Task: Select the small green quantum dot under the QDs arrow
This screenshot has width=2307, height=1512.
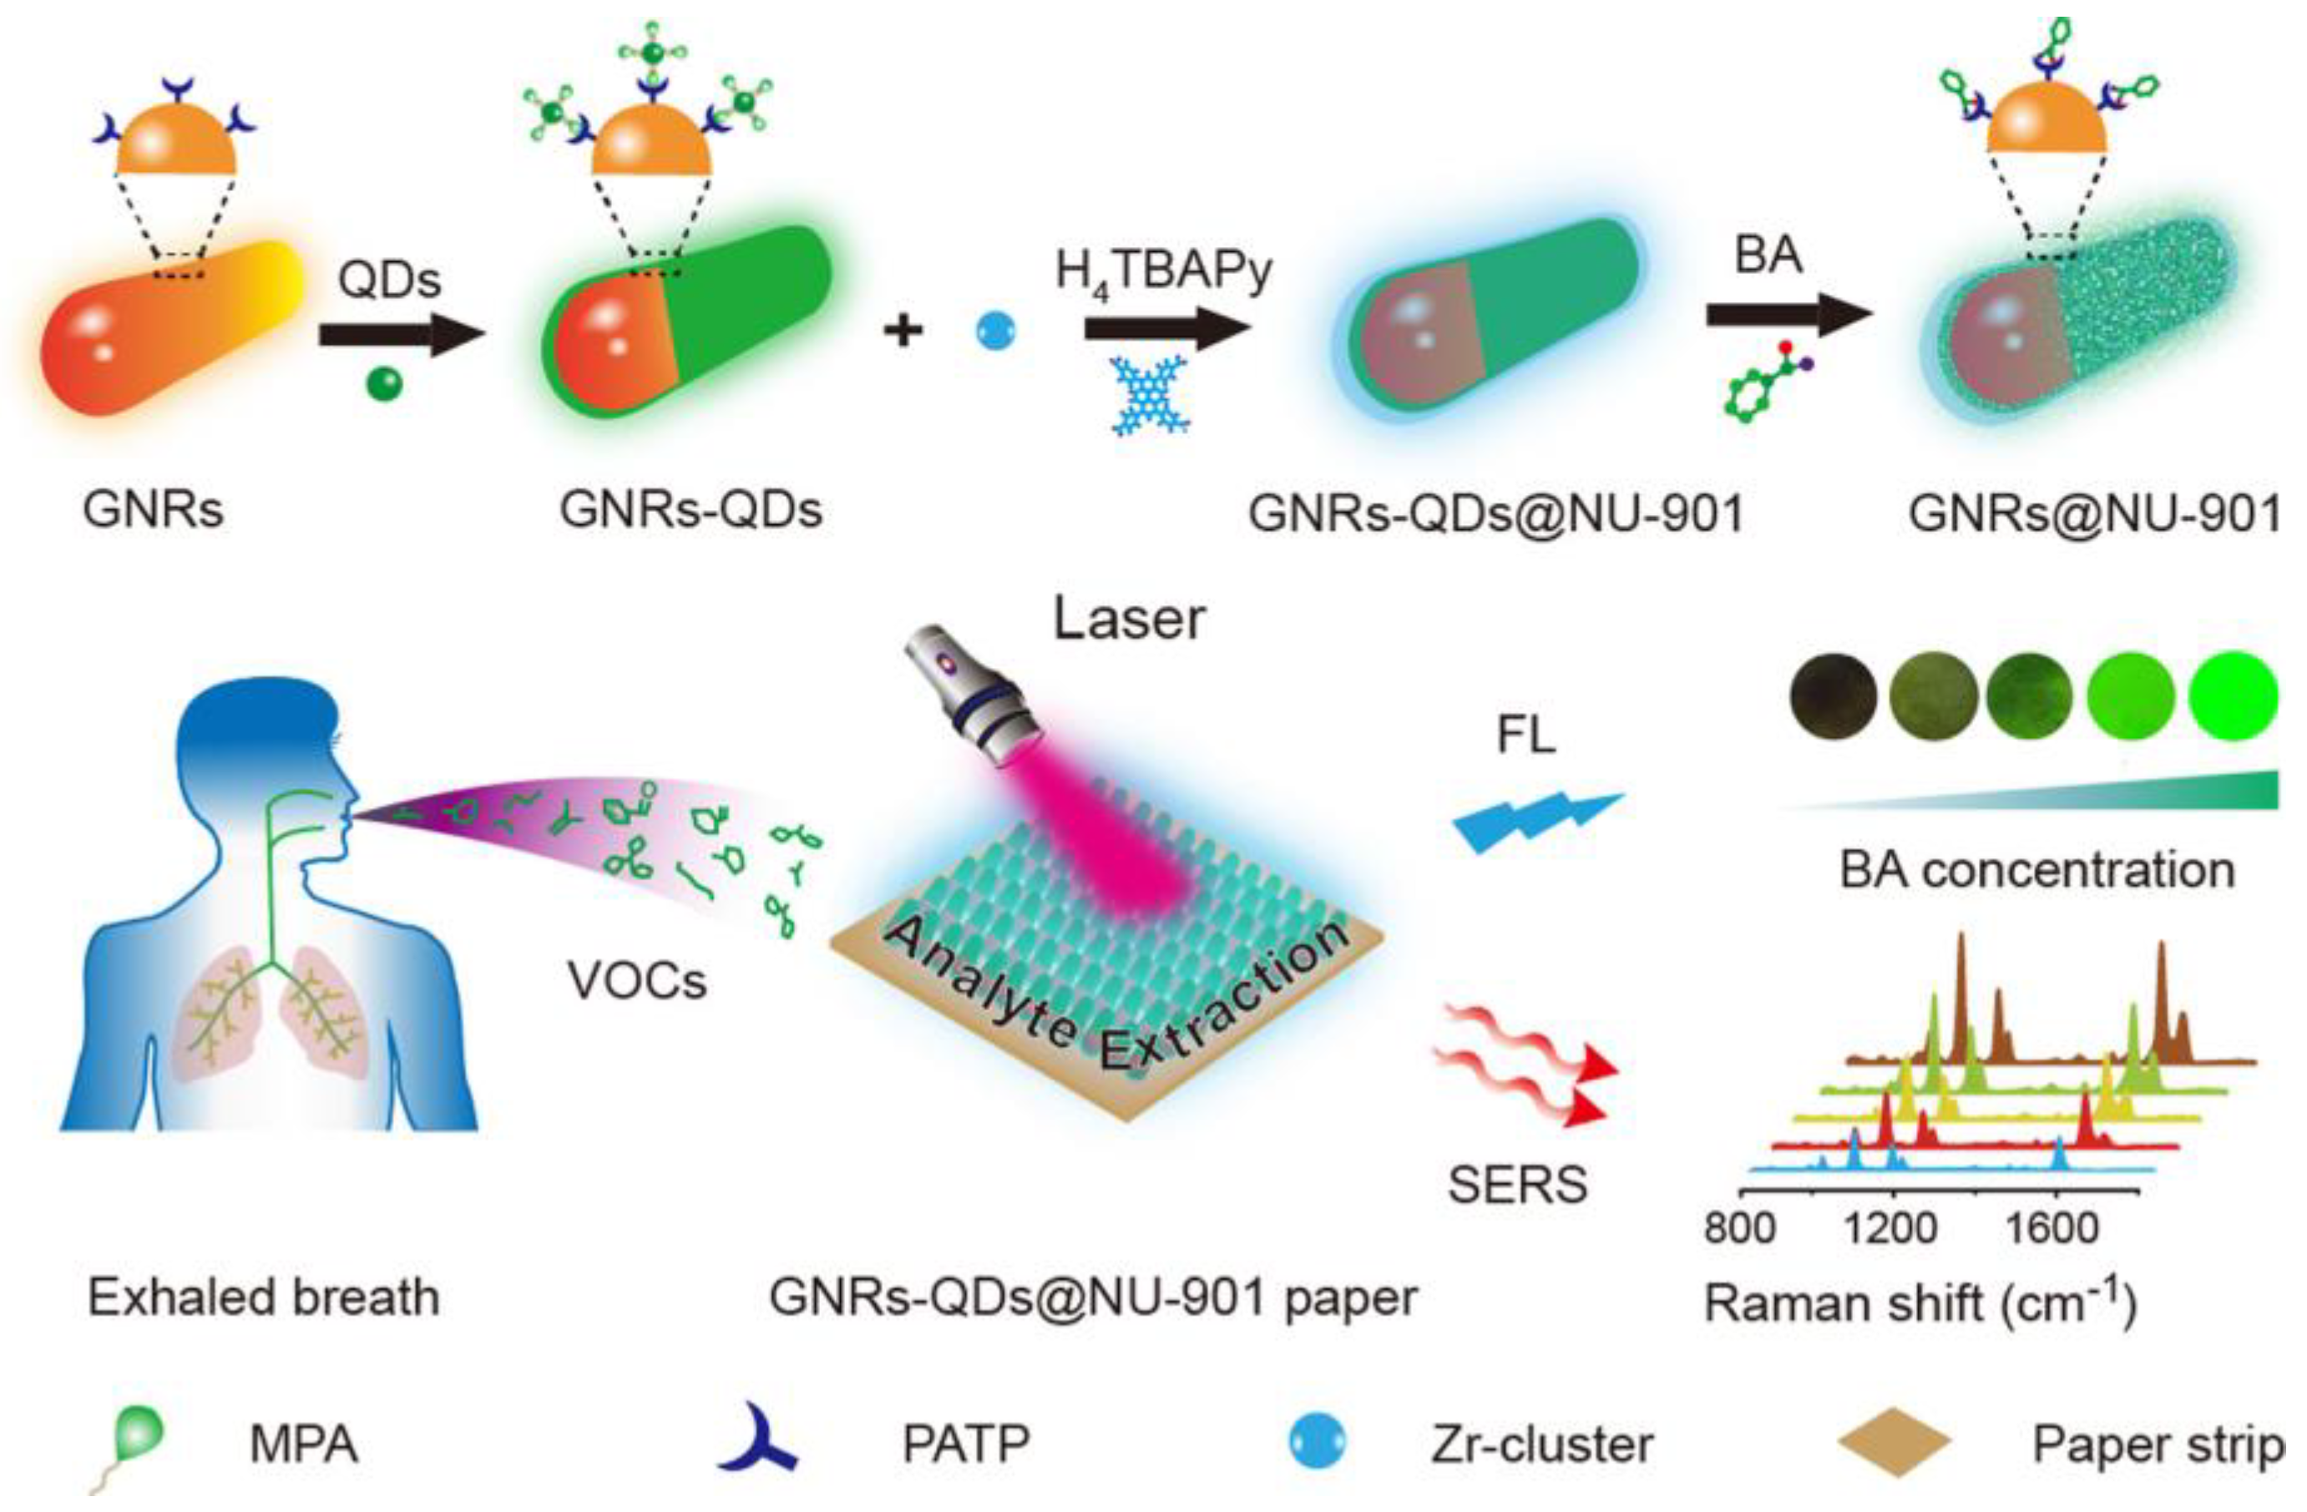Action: coord(385,384)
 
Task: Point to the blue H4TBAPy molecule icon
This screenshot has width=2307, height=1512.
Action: coord(1151,396)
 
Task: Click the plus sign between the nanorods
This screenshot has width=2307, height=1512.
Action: coord(903,331)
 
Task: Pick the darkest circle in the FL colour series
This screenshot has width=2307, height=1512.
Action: coord(1832,697)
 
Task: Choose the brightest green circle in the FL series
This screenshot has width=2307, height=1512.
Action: coord(2234,697)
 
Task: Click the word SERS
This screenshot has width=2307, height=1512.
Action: coord(1517,1183)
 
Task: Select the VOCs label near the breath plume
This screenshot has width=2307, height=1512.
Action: coord(637,981)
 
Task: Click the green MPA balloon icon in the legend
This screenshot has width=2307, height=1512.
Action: coord(139,1434)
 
